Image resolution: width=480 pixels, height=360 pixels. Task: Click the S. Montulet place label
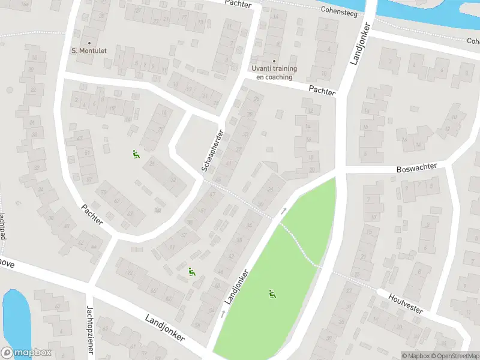89,51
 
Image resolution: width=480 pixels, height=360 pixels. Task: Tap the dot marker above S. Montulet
89,43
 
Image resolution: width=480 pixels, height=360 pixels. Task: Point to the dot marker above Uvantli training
274,61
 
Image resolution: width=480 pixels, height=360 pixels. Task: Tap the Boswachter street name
417,169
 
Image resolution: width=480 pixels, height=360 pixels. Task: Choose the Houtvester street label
406,303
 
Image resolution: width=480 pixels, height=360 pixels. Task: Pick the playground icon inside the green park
272,294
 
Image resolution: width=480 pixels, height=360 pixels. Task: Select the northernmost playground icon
136,155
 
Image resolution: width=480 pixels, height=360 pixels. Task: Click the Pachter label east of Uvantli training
322,89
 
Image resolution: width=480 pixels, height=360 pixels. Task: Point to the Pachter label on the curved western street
92,214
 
